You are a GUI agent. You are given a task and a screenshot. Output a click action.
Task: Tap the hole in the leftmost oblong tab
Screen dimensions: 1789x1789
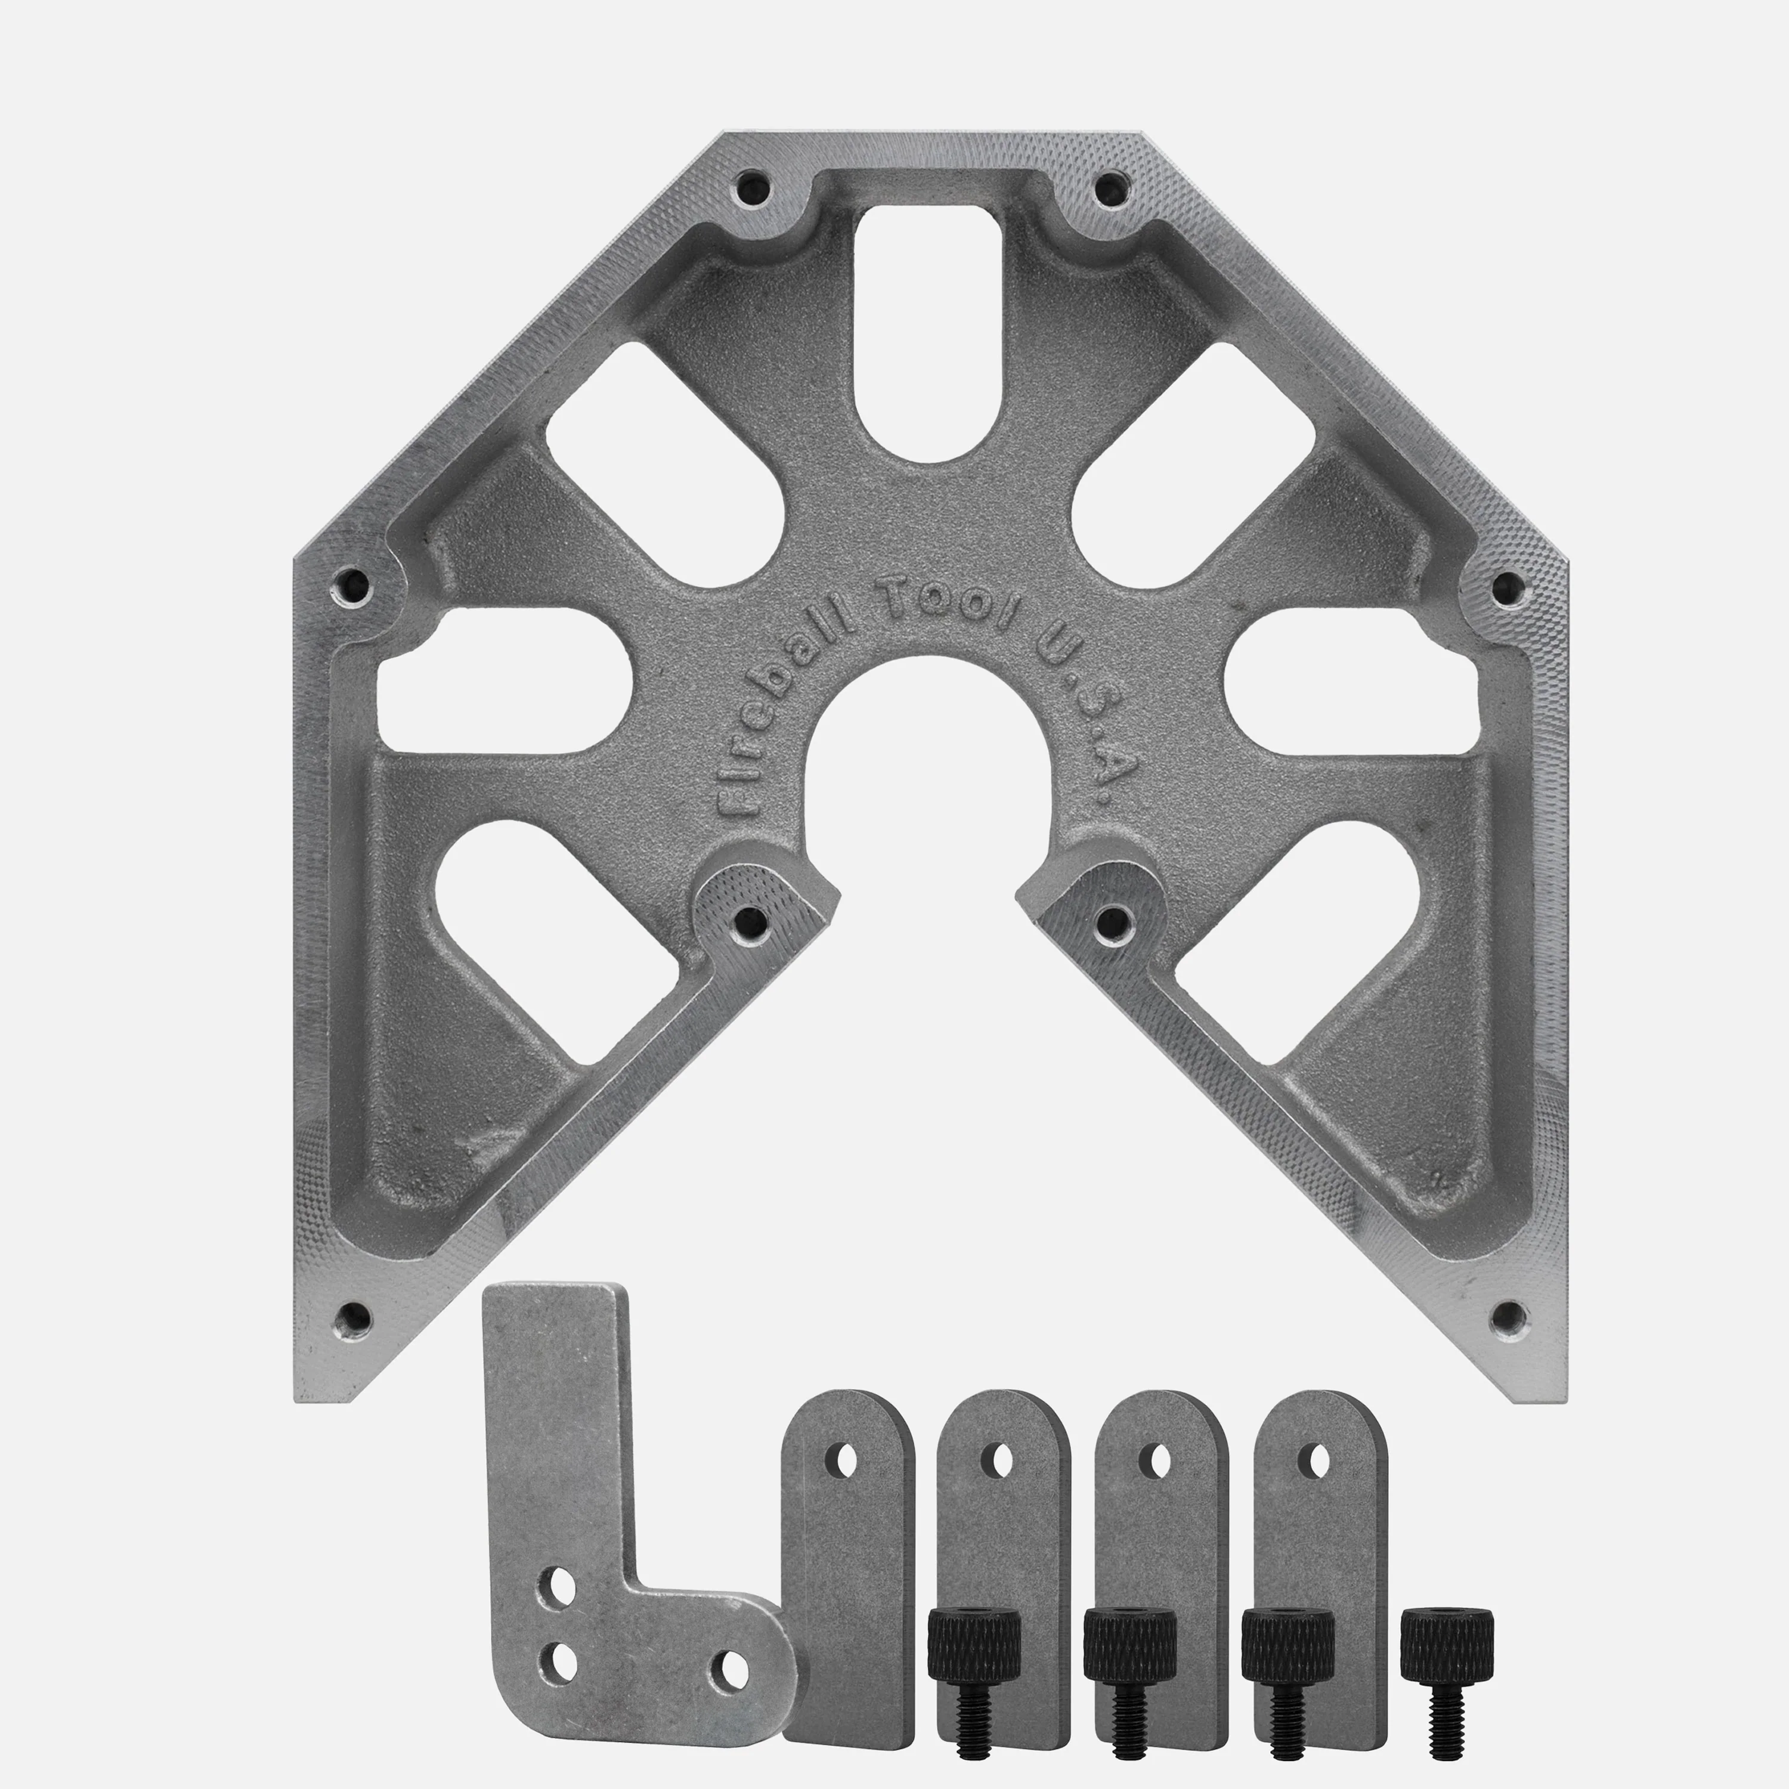coord(844,1462)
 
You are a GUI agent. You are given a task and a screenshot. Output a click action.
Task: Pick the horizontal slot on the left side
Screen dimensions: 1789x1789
coord(504,680)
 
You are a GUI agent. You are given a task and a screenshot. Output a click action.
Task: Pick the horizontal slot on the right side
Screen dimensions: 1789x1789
coord(1352,680)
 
